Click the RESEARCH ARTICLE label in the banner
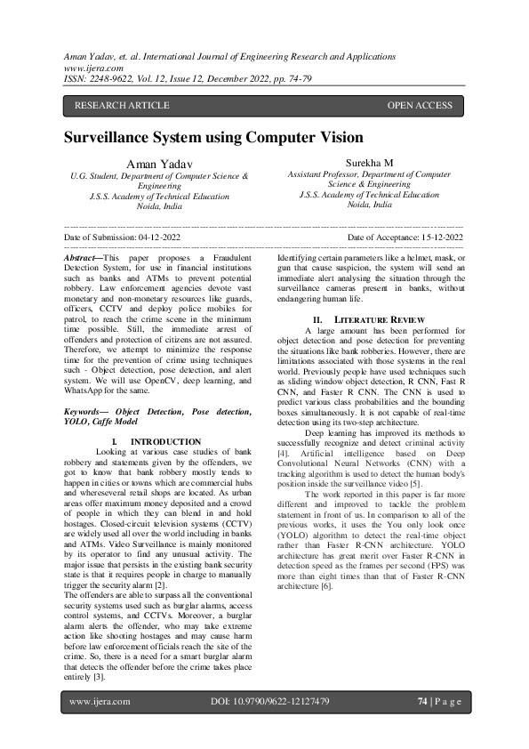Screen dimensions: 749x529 pyautogui.click(x=122, y=106)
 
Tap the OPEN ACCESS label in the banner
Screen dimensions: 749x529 pyautogui.click(x=420, y=106)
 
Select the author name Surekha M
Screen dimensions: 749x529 pyautogui.click(x=369, y=164)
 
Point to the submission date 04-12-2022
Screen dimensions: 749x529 pyautogui.click(x=168, y=238)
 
